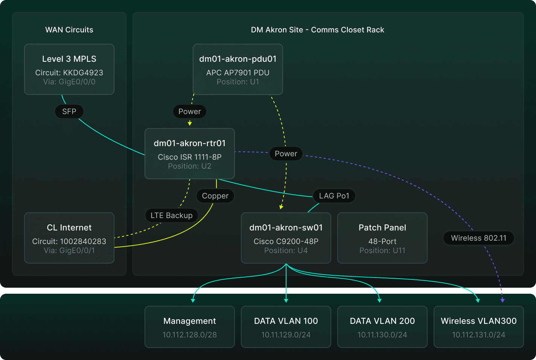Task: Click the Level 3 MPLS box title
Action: click(x=69, y=59)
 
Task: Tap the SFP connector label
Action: click(x=69, y=111)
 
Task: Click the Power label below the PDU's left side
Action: click(x=190, y=111)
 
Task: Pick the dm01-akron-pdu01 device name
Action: click(x=238, y=59)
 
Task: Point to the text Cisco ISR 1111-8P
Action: click(x=190, y=157)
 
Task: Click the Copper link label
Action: click(x=215, y=196)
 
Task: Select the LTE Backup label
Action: click(x=172, y=215)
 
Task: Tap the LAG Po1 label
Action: click(x=334, y=196)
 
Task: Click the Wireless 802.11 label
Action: click(x=479, y=238)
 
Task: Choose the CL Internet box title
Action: click(x=69, y=227)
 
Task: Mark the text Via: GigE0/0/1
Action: click(x=69, y=250)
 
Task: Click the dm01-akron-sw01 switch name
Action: click(x=286, y=227)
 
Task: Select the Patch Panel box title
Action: click(x=382, y=227)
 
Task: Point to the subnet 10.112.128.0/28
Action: click(x=190, y=335)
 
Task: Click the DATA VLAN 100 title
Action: click(x=286, y=321)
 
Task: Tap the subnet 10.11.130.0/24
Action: click(x=382, y=335)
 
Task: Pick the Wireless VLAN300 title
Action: click(x=479, y=321)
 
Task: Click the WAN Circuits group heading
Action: click(x=69, y=30)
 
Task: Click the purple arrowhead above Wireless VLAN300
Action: click(x=502, y=301)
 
